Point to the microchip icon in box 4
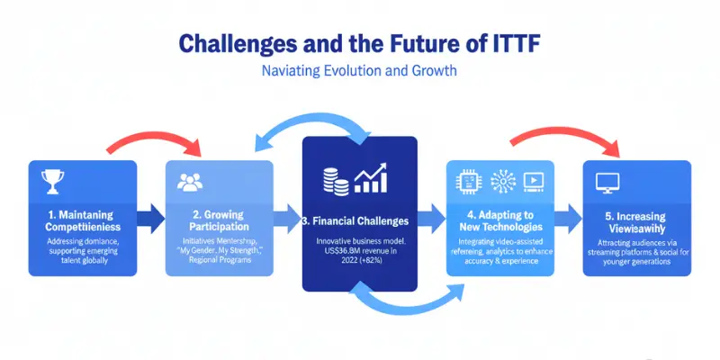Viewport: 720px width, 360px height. coord(468,181)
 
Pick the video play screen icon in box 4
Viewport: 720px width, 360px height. coord(534,181)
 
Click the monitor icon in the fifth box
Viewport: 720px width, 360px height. coord(608,183)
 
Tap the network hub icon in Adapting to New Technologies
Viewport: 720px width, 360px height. coord(501,181)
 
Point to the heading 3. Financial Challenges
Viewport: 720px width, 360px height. coord(359,220)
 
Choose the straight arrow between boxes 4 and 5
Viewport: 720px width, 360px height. coord(568,215)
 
